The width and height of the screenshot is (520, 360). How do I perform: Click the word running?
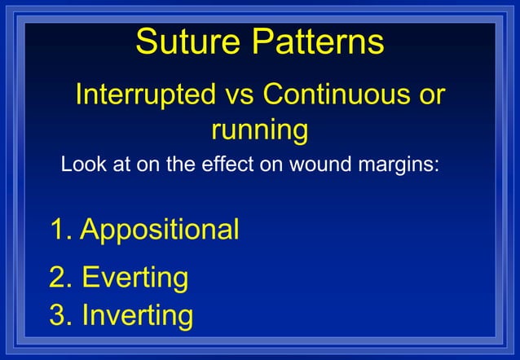[259, 130]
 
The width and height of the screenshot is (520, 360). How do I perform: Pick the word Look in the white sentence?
[81, 165]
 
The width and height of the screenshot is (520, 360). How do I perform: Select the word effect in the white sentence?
[225, 165]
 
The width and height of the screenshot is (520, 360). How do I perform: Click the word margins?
[401, 165]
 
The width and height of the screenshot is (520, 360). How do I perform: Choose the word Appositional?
[160, 230]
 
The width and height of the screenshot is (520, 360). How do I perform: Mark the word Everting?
[134, 278]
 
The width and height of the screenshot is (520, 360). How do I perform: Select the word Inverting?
[138, 315]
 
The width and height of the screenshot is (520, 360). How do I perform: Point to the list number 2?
[59, 278]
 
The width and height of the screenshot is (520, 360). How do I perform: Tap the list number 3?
[59, 315]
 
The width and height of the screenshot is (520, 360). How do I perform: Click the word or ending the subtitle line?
[427, 95]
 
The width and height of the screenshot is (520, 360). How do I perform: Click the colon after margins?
[438, 166]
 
